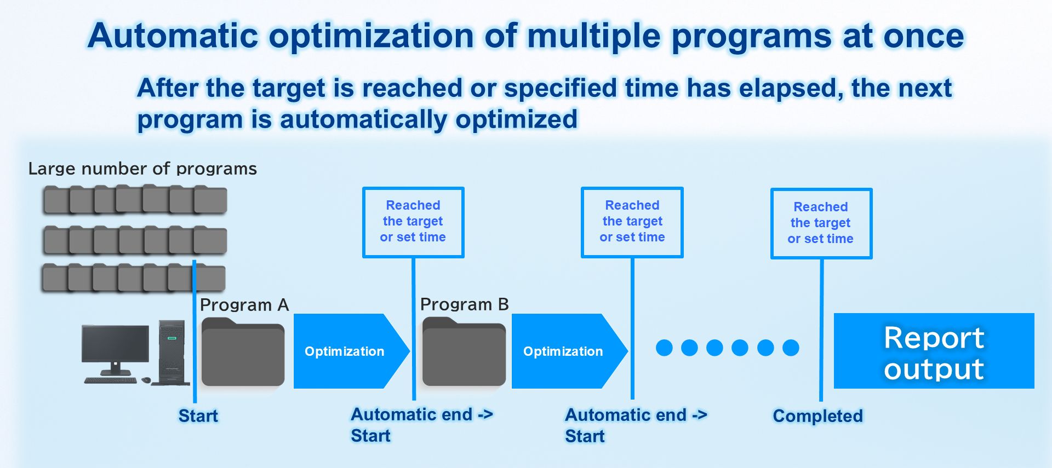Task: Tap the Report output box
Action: [x=934, y=351]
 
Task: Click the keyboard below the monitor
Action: [x=110, y=380]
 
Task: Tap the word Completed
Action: [x=817, y=416]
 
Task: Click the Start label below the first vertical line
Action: [x=198, y=416]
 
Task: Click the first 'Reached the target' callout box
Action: [x=413, y=222]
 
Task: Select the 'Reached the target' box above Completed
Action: [x=821, y=223]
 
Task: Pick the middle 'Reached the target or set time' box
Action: [x=632, y=222]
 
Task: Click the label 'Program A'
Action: [x=244, y=305]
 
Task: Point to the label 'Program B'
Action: [x=465, y=304]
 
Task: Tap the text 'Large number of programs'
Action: [x=142, y=169]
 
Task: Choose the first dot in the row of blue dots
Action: [x=664, y=348]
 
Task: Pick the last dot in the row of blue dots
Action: [x=791, y=348]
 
